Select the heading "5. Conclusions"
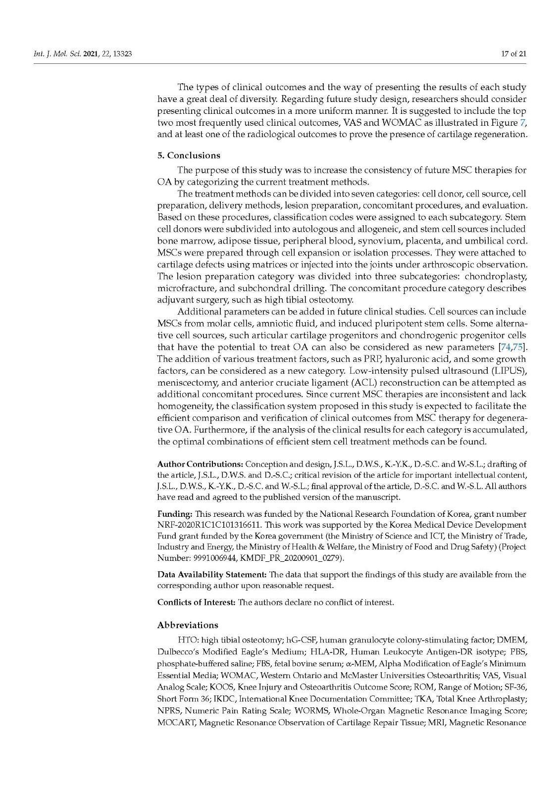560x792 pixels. [189, 155]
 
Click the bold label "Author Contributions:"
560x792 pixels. [200, 464]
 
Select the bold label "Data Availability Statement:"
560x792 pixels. [212, 575]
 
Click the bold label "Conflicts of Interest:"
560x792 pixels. [197, 602]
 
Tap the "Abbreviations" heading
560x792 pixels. [188, 625]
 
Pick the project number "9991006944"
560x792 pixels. [207, 558]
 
